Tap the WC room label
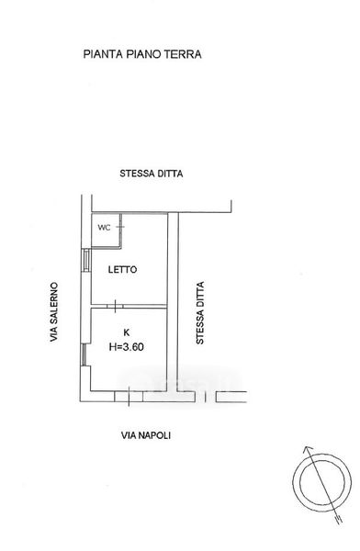pyautogui.click(x=104, y=228)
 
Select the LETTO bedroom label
pyautogui.click(x=122, y=269)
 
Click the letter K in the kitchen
pyautogui.click(x=127, y=332)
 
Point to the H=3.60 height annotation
pyautogui.click(x=127, y=347)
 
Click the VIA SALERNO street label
pyautogui.click(x=53, y=311)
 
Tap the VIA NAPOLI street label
pyautogui.click(x=146, y=435)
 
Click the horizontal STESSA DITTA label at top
pyautogui.click(x=152, y=174)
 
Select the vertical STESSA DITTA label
pyautogui.click(x=199, y=313)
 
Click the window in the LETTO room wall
pyautogui.click(x=86, y=260)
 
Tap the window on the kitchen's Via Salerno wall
pyautogui.click(x=84, y=354)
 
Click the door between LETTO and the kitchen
pyautogui.click(x=116, y=306)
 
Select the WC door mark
pyautogui.click(x=120, y=227)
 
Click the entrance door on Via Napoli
pyautogui.click(x=129, y=397)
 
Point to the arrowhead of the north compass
pyautogui.click(x=307, y=450)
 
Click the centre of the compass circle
pyautogui.click(x=322, y=482)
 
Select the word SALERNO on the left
pyautogui.click(x=53, y=303)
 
